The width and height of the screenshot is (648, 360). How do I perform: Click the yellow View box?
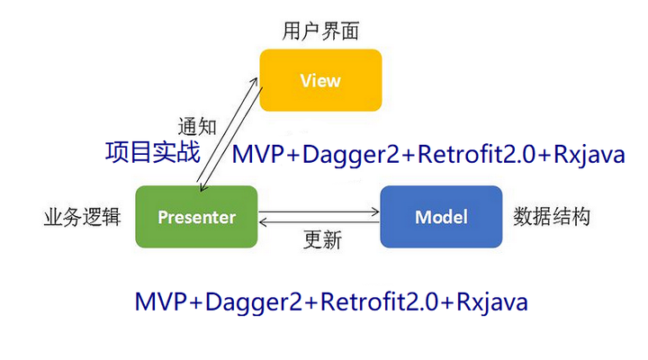(x=320, y=80)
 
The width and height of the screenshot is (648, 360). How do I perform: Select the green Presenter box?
(x=196, y=217)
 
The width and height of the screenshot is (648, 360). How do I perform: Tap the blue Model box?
(x=440, y=217)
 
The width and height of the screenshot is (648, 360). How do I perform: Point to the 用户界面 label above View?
(x=321, y=31)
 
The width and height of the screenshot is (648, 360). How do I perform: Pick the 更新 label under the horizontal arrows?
(x=322, y=240)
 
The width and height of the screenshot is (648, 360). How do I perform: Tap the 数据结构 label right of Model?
(x=551, y=217)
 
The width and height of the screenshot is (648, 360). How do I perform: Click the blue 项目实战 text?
(x=152, y=152)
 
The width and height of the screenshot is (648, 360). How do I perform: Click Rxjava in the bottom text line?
(x=492, y=301)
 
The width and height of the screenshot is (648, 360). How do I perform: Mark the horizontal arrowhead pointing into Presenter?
(x=263, y=221)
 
